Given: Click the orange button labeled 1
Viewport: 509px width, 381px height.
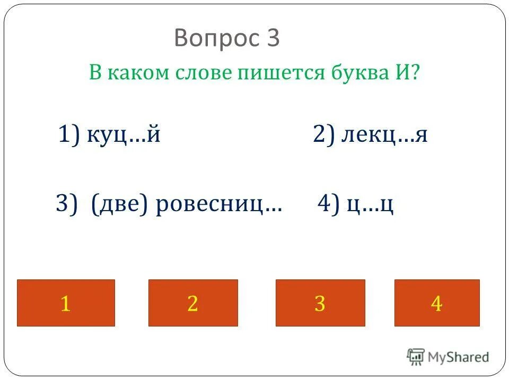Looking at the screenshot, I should pyautogui.click(x=66, y=303).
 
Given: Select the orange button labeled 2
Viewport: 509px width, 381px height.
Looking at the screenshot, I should pyautogui.click(x=193, y=303).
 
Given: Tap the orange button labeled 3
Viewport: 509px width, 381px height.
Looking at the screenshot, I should pyautogui.click(x=320, y=303).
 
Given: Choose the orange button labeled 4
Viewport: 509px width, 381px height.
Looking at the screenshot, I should pyautogui.click(x=437, y=303).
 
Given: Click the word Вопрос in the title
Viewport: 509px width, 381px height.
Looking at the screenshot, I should pyautogui.click(x=214, y=39).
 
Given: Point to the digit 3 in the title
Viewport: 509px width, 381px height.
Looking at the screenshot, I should pyautogui.click(x=273, y=39).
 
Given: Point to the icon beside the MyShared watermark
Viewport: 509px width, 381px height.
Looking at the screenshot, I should pyautogui.click(x=416, y=357).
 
